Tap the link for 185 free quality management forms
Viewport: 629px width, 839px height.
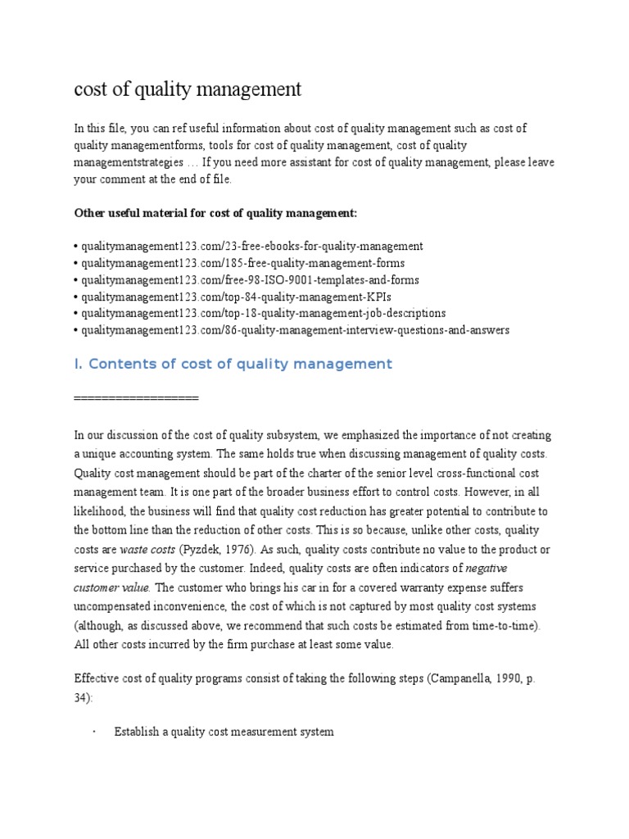[x=242, y=262]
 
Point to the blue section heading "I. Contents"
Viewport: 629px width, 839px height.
[x=233, y=364]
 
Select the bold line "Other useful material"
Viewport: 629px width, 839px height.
[x=215, y=213]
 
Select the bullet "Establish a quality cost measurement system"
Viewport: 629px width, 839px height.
[x=224, y=732]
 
